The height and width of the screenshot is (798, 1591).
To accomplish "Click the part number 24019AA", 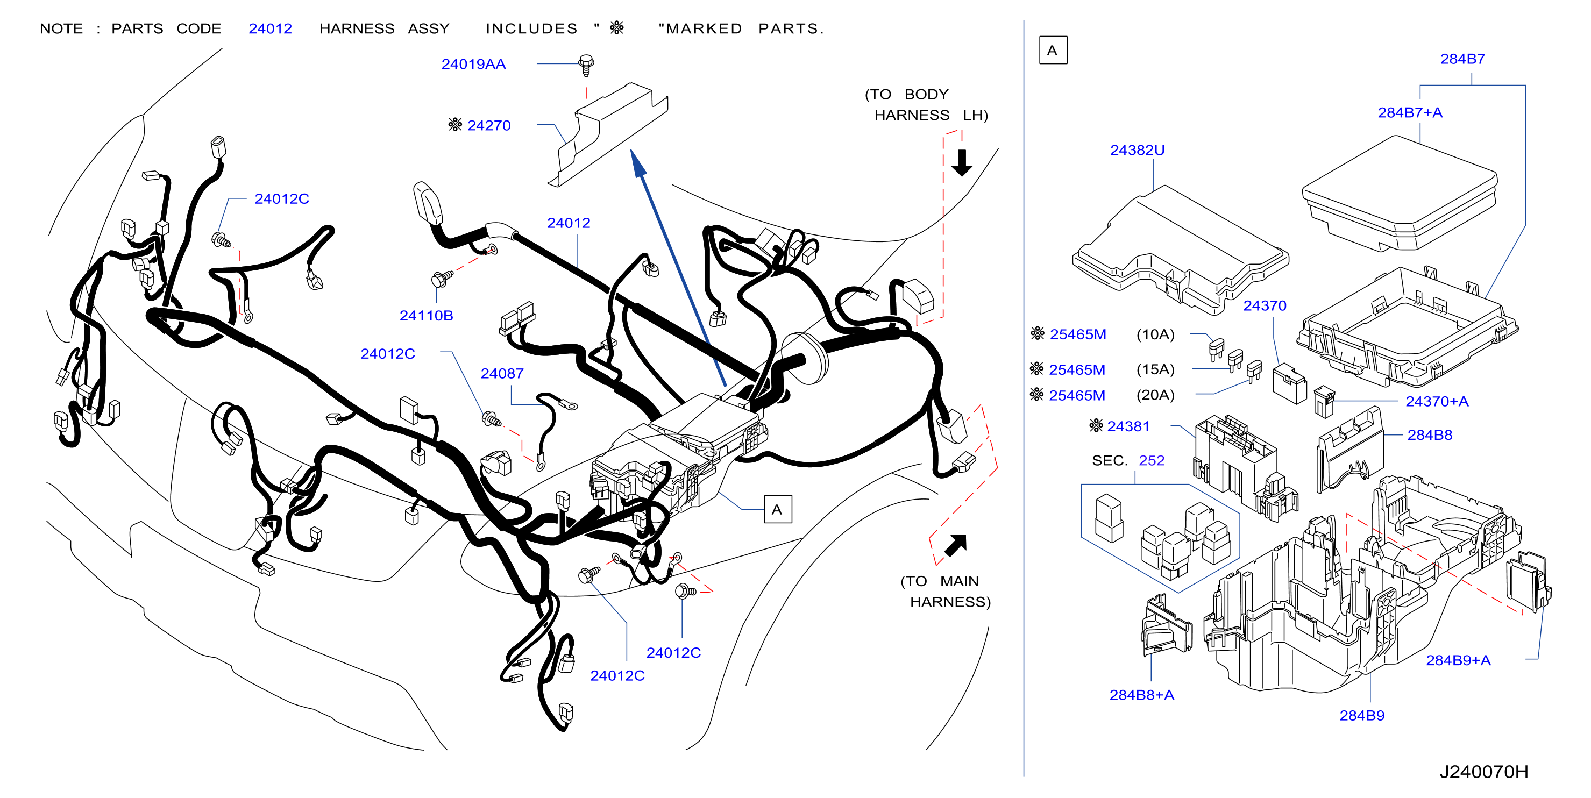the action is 473,64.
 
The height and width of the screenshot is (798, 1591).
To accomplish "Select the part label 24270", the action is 488,125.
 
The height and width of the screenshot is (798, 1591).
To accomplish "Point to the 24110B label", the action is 426,316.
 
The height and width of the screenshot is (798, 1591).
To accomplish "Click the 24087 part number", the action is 502,374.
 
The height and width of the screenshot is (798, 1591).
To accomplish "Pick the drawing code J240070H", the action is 1483,772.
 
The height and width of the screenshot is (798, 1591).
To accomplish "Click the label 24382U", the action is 1137,150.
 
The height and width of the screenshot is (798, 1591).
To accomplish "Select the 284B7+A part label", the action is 1410,112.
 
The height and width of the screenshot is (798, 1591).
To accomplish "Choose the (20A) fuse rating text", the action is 1155,395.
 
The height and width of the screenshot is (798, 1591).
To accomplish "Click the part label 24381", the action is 1128,426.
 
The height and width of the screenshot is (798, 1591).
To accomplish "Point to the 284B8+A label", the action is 1141,695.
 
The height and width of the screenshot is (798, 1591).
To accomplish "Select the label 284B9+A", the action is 1458,660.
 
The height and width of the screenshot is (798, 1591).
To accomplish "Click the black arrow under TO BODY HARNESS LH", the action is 962,162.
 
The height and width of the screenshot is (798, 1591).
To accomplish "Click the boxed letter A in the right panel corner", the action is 1053,51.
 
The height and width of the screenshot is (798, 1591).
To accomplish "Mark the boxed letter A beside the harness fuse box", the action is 777,510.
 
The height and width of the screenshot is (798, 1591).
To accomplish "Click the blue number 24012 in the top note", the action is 270,29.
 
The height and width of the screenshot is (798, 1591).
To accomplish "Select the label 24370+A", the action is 1437,402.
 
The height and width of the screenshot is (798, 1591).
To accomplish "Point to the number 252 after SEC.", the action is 1151,461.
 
